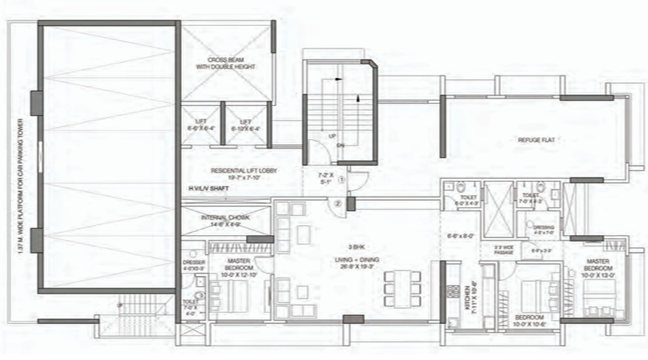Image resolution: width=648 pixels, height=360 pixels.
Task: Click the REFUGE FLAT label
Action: (536, 140)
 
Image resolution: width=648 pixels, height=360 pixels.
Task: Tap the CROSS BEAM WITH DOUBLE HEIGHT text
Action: (226, 64)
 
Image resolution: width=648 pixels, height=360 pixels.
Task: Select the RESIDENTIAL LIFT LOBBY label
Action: (243, 174)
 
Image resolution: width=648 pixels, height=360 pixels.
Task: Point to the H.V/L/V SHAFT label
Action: (208, 189)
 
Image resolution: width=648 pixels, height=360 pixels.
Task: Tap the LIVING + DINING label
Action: (357, 263)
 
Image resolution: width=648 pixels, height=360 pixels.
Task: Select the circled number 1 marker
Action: (341, 179)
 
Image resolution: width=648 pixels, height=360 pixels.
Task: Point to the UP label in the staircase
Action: (332, 136)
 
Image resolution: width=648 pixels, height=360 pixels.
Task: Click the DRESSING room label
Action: (543, 230)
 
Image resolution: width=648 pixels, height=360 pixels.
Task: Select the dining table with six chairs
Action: (402, 289)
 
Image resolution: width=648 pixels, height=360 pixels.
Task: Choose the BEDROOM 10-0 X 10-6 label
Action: (529, 320)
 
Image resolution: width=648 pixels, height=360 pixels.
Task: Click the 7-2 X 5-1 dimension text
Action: (325, 179)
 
